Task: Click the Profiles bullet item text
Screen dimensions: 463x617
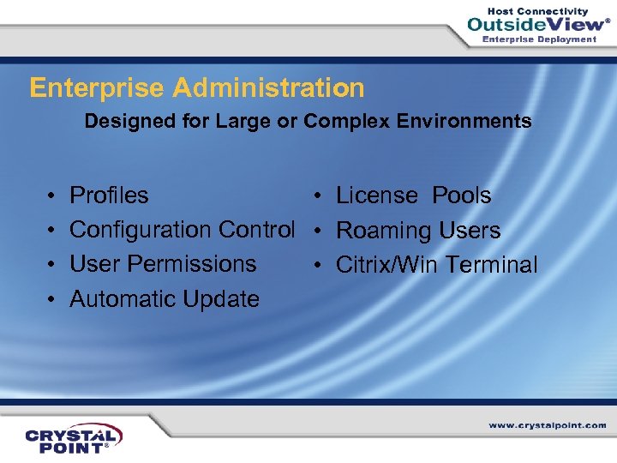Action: pos(109,195)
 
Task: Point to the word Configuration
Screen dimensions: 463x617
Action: pos(141,230)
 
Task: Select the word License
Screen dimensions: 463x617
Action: pos(376,195)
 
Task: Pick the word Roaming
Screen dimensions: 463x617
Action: pos(382,231)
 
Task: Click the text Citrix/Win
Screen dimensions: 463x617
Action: pos(387,265)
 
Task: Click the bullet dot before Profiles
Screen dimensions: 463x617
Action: pos(52,196)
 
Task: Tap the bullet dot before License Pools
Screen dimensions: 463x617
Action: pos(318,196)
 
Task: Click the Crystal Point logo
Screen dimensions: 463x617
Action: pos(74,437)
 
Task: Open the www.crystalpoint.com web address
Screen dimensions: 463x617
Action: pos(547,425)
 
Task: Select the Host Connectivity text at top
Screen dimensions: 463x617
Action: pos(538,10)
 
